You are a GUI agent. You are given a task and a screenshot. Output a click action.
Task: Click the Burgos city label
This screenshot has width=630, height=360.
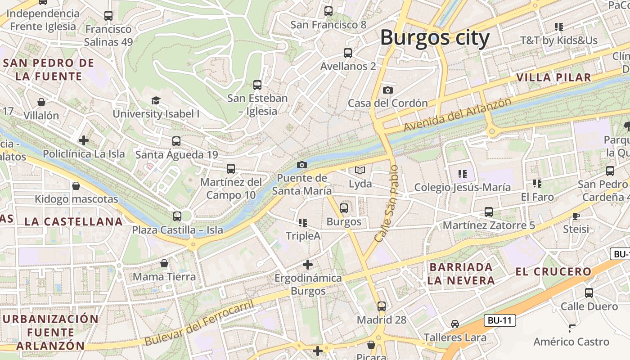click(435, 38)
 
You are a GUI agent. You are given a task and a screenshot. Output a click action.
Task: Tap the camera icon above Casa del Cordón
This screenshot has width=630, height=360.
click(387, 90)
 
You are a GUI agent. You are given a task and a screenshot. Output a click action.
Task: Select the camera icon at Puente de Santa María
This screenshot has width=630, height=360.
click(302, 165)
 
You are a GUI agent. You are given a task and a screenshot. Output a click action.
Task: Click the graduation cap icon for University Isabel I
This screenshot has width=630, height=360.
click(156, 100)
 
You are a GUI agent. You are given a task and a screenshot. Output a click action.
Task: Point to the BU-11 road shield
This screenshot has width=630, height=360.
click(500, 320)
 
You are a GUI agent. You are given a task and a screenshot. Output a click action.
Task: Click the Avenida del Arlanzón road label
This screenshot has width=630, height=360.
click(457, 115)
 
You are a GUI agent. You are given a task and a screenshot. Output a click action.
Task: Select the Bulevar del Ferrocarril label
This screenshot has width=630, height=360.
click(199, 324)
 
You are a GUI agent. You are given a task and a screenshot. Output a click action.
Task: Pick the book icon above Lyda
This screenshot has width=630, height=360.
click(360, 170)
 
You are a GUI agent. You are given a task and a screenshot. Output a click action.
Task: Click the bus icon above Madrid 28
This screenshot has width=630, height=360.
click(382, 306)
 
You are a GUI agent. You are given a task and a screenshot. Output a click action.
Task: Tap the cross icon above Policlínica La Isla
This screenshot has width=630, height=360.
click(84, 140)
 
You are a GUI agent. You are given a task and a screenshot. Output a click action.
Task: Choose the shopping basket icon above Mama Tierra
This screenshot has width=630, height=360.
click(164, 263)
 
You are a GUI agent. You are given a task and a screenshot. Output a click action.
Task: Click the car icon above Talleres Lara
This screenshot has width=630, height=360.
click(455, 324)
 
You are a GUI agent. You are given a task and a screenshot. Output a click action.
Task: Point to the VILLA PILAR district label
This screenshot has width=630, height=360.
click(553, 77)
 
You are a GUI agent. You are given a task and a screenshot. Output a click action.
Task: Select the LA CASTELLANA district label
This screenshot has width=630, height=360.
click(73, 221)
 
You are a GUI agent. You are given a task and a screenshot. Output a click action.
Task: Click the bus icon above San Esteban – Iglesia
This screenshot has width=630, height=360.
click(257, 85)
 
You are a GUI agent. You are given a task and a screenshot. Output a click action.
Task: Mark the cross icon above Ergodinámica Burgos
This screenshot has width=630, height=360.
click(308, 265)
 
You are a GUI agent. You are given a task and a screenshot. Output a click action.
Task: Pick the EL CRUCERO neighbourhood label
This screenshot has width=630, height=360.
click(553, 272)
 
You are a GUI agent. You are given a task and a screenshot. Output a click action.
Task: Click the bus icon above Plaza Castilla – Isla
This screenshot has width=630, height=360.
click(177, 216)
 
